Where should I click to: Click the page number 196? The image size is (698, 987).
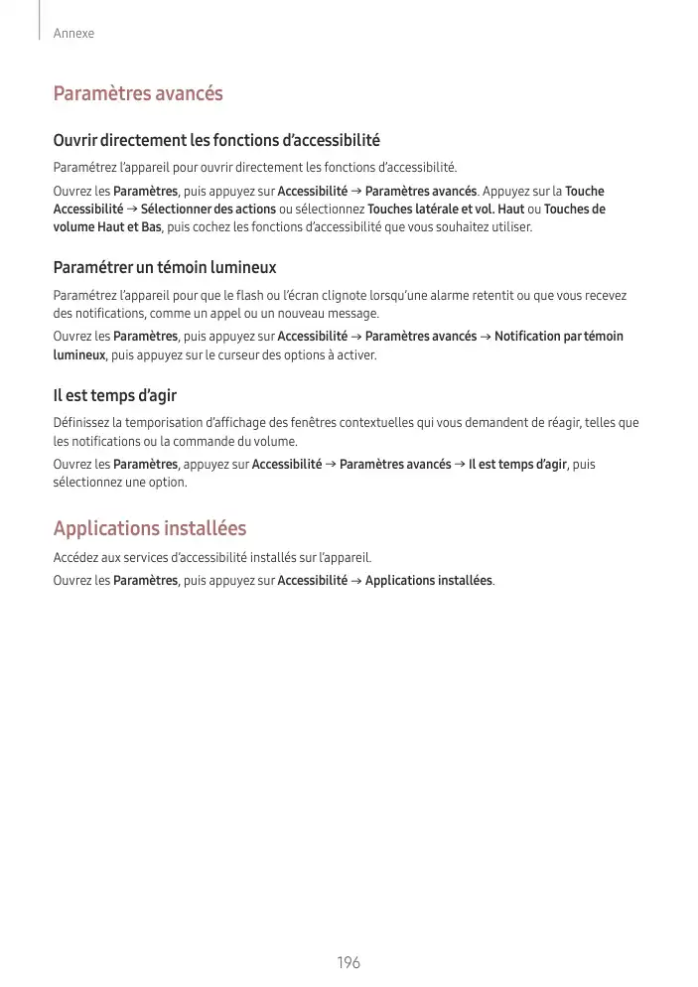[x=348, y=963]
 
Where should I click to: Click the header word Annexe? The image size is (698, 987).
[x=74, y=34]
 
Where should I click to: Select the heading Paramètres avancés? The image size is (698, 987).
[x=138, y=94]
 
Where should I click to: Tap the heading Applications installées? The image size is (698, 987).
[x=150, y=528]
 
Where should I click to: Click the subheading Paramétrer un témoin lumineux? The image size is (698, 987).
[x=165, y=268]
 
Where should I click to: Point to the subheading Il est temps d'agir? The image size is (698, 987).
[x=115, y=395]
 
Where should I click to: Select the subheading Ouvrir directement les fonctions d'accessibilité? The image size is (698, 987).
[x=216, y=141]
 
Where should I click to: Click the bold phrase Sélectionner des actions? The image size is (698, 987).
[x=209, y=210]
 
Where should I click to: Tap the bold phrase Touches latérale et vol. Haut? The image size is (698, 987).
[x=446, y=210]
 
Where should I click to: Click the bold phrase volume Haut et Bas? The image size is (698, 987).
[x=107, y=227]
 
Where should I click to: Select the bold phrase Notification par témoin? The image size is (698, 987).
[x=559, y=337]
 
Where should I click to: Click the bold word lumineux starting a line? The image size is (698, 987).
[x=79, y=354]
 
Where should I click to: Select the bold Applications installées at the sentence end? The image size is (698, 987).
[x=429, y=580]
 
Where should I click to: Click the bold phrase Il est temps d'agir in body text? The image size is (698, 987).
[x=517, y=465]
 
